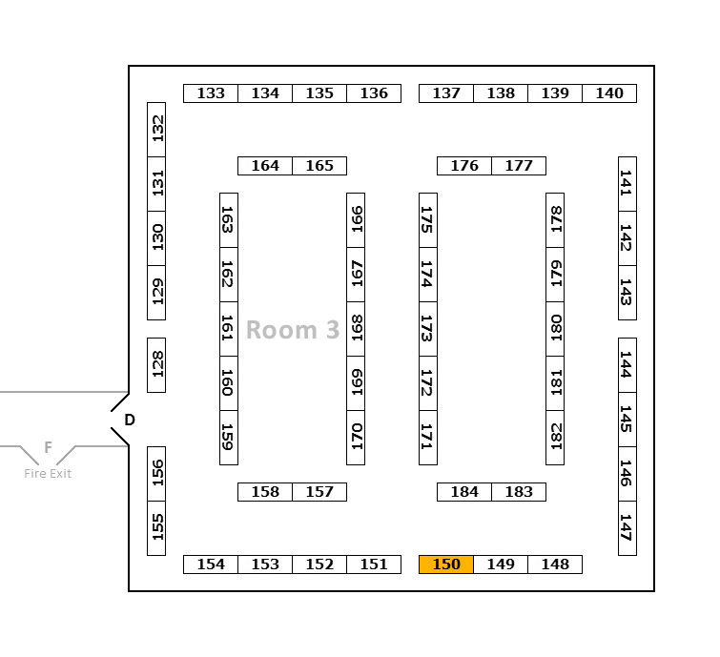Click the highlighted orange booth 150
446,565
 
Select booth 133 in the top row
211,93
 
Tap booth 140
609,93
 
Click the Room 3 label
293,330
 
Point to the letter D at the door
130,420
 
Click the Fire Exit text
48,474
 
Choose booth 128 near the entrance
156,364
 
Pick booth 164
265,166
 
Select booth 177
519,166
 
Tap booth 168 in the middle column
356,329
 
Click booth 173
428,329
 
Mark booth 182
555,438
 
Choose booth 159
229,438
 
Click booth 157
319,492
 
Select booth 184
464,492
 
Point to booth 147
627,528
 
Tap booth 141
627,184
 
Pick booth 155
156,528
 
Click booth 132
156,130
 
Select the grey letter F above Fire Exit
48,447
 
